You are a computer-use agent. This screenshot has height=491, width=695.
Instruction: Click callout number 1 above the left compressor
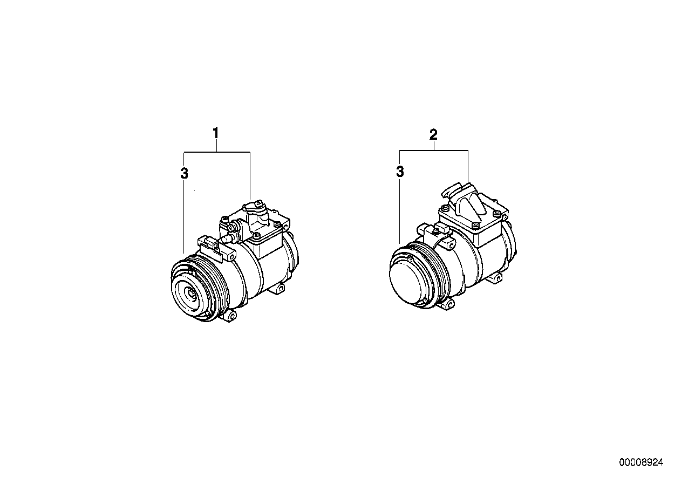pyautogui.click(x=216, y=133)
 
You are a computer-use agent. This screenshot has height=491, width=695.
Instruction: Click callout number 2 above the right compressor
pyautogui.click(x=433, y=135)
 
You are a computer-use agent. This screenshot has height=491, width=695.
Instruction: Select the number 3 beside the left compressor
pyautogui.click(x=184, y=173)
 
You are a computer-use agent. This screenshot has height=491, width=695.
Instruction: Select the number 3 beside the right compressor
pyautogui.click(x=400, y=172)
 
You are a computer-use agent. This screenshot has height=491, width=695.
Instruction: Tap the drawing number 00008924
pyautogui.click(x=641, y=462)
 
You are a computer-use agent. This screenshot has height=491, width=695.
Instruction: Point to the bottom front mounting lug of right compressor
pyautogui.click(x=447, y=305)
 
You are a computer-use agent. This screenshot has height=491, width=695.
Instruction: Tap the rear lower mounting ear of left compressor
pyautogui.click(x=279, y=289)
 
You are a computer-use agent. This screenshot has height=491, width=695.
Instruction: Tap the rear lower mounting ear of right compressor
pyautogui.click(x=495, y=278)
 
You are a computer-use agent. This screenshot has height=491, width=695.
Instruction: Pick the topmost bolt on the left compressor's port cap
pyautogui.click(x=260, y=203)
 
